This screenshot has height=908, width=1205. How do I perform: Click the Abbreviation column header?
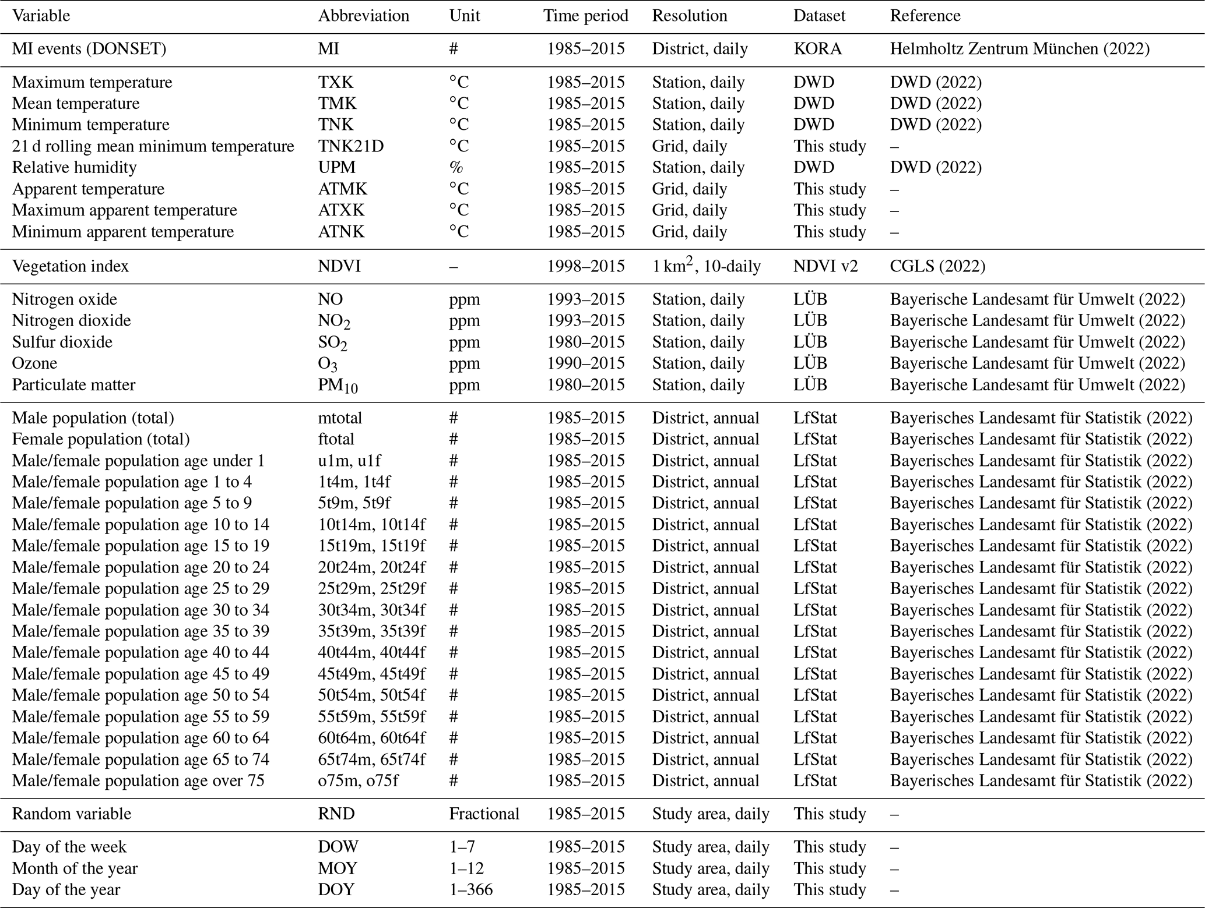point(363,16)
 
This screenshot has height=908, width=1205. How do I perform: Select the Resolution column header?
point(689,16)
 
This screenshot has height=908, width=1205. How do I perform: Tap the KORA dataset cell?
point(817,49)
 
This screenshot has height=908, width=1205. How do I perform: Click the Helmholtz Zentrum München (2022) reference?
point(1020,49)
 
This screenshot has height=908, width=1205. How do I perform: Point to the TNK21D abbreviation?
point(351,146)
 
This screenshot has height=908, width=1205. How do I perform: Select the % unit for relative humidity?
point(456,168)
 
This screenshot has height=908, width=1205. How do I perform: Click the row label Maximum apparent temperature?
point(124,210)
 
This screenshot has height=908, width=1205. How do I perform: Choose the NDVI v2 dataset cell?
point(825,267)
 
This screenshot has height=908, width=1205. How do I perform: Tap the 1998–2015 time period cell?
point(585,267)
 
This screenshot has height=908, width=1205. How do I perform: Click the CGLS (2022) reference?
point(937,267)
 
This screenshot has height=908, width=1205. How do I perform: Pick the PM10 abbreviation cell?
point(338,386)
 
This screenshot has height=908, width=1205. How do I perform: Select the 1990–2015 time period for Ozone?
point(585,363)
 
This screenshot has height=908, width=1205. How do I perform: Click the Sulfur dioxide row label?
point(62,342)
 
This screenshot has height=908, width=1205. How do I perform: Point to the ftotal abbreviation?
point(336,439)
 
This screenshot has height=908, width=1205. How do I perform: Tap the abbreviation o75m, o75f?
point(358,781)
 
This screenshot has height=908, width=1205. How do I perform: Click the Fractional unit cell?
point(484,814)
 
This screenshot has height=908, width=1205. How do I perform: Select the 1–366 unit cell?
point(470,890)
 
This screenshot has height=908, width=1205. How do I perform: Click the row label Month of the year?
point(75,868)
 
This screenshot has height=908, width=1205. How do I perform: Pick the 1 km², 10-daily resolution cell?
point(706,267)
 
